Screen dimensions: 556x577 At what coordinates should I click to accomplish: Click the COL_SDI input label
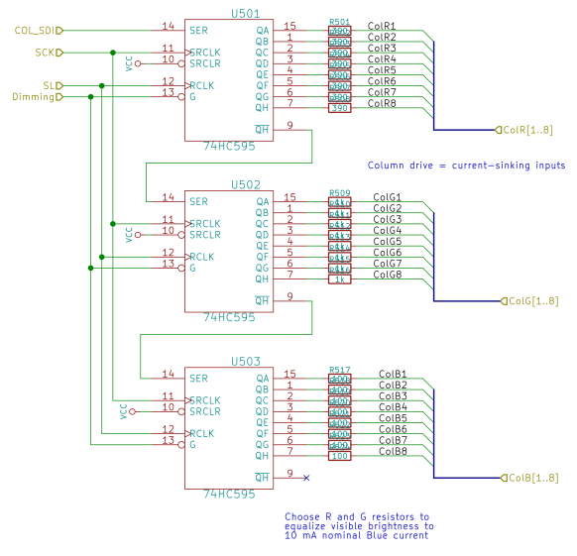[x=34, y=30]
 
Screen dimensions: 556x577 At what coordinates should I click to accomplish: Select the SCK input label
[x=45, y=52]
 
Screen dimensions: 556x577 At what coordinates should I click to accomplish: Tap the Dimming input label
[x=33, y=97]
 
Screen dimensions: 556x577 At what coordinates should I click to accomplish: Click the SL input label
[x=48, y=85]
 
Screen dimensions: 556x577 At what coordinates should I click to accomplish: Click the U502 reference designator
[x=245, y=184]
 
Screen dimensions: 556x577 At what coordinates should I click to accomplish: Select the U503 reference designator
[x=245, y=363]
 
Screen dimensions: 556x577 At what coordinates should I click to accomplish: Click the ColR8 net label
[x=382, y=103]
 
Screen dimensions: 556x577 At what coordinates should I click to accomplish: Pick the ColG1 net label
[x=387, y=197]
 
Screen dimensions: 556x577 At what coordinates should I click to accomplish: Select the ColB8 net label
[x=393, y=451]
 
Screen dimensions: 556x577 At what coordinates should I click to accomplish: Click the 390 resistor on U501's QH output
[x=339, y=108]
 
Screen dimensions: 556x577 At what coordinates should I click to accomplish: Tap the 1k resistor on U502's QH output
[x=339, y=279]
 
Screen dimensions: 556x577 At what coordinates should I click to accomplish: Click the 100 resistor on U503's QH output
[x=339, y=456]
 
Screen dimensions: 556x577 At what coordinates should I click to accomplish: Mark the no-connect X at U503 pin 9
[x=306, y=478]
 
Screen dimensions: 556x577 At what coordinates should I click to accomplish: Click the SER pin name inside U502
[x=198, y=199]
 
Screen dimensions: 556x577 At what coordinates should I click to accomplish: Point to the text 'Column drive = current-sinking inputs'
[x=466, y=166]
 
